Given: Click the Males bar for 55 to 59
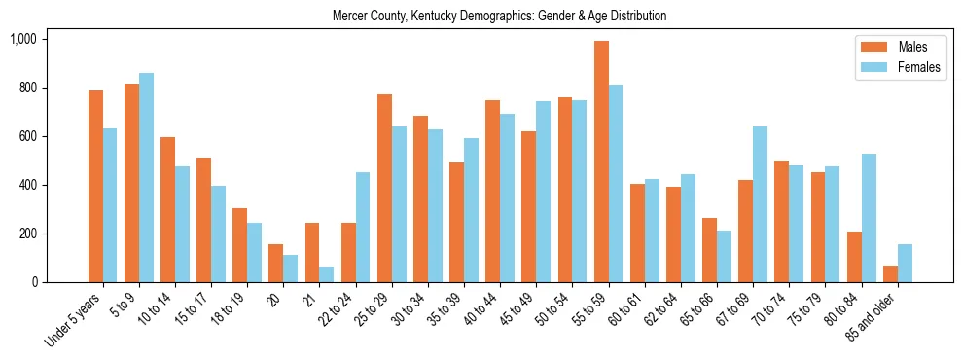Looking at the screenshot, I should click(x=602, y=162).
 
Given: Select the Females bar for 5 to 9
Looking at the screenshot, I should click(x=146, y=177).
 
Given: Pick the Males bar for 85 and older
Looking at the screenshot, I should click(x=891, y=274).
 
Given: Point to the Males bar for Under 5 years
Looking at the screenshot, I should click(x=95, y=186).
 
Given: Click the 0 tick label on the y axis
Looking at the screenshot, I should click(x=33, y=282).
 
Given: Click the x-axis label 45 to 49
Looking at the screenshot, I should click(x=517, y=309).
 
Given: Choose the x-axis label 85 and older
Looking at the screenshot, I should click(x=872, y=318).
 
